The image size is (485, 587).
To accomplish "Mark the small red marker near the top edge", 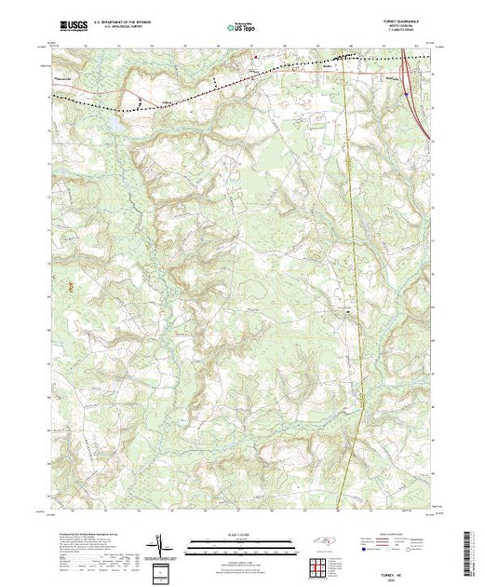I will tap(257, 57).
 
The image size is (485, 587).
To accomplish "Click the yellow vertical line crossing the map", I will tap(351, 280).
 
